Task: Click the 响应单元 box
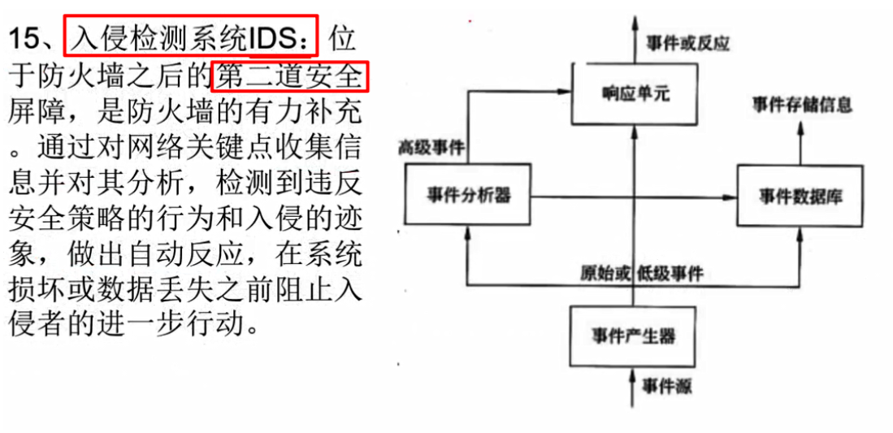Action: click(635, 94)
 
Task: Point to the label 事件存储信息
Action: click(802, 105)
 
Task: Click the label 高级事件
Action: click(431, 148)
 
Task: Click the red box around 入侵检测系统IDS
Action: click(192, 36)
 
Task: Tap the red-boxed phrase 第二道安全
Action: click(290, 76)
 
